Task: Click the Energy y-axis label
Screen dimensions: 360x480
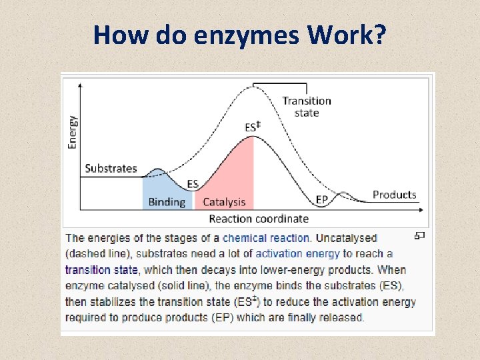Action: (73, 131)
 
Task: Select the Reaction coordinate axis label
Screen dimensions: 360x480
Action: (259, 219)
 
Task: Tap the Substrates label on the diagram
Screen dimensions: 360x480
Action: (111, 169)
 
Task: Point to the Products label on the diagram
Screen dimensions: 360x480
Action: (394, 195)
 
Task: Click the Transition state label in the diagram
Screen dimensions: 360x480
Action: (307, 107)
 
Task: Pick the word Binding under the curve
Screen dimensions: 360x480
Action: (167, 202)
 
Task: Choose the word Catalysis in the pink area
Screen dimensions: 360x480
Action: (224, 202)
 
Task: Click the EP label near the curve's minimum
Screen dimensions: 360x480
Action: (322, 199)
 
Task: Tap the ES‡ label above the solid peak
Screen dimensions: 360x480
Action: (251, 127)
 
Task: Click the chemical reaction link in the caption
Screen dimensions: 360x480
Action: (266, 238)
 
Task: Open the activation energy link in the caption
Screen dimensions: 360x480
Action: (297, 253)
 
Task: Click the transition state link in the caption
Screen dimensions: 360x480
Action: (101, 270)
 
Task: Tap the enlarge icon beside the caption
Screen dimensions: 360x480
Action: (419, 236)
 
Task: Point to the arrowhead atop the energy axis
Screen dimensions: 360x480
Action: (80, 85)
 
